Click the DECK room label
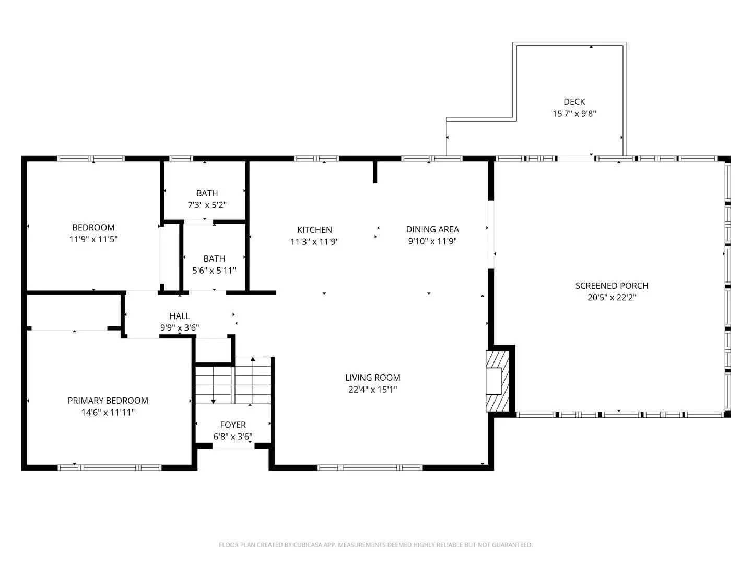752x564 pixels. tap(574, 102)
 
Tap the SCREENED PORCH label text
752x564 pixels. tap(612, 286)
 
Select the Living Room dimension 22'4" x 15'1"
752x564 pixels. tap(373, 390)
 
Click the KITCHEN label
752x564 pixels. tap(314, 230)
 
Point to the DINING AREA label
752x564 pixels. tap(432, 229)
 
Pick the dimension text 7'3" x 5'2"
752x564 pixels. tap(207, 205)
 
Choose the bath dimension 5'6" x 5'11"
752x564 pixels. tap(214, 271)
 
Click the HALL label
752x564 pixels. tap(180, 316)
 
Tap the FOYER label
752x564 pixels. tap(233, 425)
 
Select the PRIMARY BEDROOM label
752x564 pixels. tap(108, 401)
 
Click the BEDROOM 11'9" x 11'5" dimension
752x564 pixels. tap(93, 239)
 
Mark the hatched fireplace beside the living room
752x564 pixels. tap(498, 381)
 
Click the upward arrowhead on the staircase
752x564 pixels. tap(253, 359)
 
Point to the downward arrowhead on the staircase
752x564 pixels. tap(213, 401)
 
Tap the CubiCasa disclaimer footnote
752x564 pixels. tap(376, 545)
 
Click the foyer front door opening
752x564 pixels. tap(233, 446)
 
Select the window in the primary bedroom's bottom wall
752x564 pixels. tap(109, 468)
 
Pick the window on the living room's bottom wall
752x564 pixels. tap(370, 468)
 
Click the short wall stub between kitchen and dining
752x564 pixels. tap(375, 172)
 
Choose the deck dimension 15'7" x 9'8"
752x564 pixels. tap(574, 113)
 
